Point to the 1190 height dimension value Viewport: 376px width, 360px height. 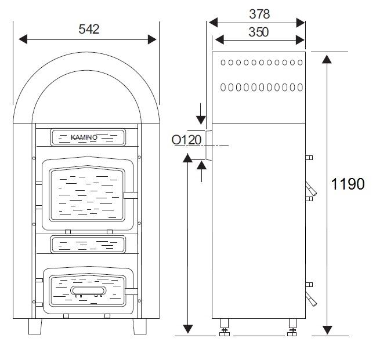pos(348,184)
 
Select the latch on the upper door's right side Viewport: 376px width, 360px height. pos(131,195)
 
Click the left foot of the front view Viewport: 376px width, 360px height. pos(35,326)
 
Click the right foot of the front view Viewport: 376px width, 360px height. pos(140,326)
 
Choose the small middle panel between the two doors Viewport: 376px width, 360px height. pos(87,244)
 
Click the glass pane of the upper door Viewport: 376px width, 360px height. pos(87,194)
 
